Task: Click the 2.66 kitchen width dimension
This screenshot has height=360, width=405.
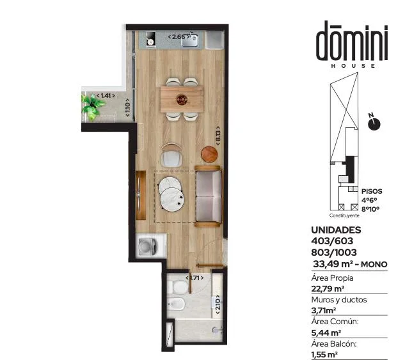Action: click(179, 37)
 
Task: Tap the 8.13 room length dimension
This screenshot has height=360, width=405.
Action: click(218, 136)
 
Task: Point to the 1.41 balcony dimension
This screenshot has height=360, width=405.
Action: click(106, 96)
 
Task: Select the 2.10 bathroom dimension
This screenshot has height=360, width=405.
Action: click(218, 304)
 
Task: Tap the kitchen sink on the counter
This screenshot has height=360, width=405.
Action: click(189, 40)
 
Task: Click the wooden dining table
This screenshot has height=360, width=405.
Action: click(182, 99)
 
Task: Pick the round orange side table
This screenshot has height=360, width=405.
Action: click(209, 154)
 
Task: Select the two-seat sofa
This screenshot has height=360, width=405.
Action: click(208, 196)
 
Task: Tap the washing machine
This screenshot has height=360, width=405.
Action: click(151, 246)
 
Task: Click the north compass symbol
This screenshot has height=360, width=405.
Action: click(374, 123)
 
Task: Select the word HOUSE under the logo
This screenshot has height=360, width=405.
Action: click(353, 66)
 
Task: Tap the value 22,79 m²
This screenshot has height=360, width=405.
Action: click(328, 288)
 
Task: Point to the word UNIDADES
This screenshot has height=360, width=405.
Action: click(336, 230)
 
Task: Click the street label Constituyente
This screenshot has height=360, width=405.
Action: click(344, 215)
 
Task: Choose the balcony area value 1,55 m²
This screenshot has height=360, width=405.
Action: click(324, 355)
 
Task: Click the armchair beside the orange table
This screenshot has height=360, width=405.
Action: click(171, 155)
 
